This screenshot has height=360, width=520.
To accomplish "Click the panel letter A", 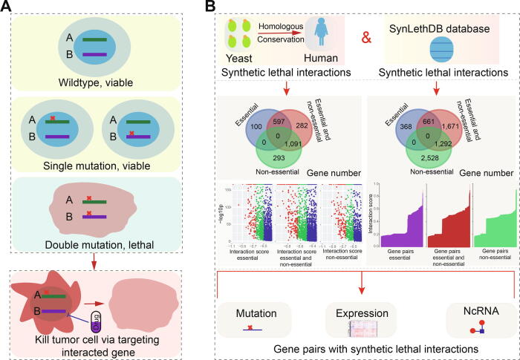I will [x=10, y=9].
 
